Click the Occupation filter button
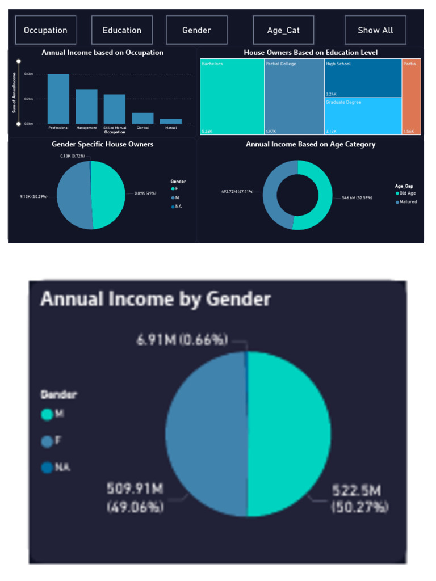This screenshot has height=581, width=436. tap(45, 30)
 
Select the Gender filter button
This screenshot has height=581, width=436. tap(196, 30)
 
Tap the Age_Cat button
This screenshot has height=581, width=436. tap(283, 30)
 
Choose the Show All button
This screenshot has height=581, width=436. tap(375, 30)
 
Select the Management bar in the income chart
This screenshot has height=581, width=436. tap(86, 106)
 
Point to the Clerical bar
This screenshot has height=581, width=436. tap(142, 117)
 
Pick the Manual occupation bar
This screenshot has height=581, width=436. tap(170, 121)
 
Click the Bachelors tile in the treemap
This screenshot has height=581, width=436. tap(232, 96)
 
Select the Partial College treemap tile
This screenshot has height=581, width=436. tap(294, 96)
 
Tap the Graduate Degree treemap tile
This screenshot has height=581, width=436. tap(363, 116)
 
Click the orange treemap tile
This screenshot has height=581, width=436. tap(411, 96)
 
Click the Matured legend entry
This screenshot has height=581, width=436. tap(406, 201)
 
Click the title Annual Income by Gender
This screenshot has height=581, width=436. tap(155, 299)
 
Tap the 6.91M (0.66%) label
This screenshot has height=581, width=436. tap(182, 340)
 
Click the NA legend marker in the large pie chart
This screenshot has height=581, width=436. tap(47, 468)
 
